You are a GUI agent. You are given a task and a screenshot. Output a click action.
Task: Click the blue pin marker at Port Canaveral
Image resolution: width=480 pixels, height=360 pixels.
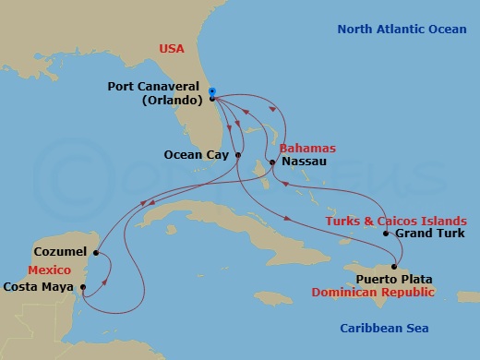point(212,92)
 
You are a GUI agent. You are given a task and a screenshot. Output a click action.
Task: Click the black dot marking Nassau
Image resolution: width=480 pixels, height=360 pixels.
point(271,162)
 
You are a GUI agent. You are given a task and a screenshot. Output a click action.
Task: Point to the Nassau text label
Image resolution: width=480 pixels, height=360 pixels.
point(301,162)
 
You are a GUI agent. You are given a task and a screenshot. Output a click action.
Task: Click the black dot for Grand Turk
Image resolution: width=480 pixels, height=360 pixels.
point(386,234)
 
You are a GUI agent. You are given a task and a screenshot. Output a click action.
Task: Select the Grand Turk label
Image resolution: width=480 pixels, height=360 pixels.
point(428,234)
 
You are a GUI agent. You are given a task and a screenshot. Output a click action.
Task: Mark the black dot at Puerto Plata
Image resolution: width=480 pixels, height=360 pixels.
point(394,267)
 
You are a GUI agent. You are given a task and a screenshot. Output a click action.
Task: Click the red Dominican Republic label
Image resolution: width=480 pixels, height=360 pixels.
point(385,293)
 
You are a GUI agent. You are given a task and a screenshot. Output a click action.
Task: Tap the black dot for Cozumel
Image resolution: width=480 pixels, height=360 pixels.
point(96,250)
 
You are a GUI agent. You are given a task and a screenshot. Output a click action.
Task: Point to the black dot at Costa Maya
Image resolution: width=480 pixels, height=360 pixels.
point(83,286)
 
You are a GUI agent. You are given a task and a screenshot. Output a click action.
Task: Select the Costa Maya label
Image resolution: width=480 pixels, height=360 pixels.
point(39,287)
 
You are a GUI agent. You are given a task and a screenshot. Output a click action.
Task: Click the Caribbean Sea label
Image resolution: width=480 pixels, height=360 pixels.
point(383,328)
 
